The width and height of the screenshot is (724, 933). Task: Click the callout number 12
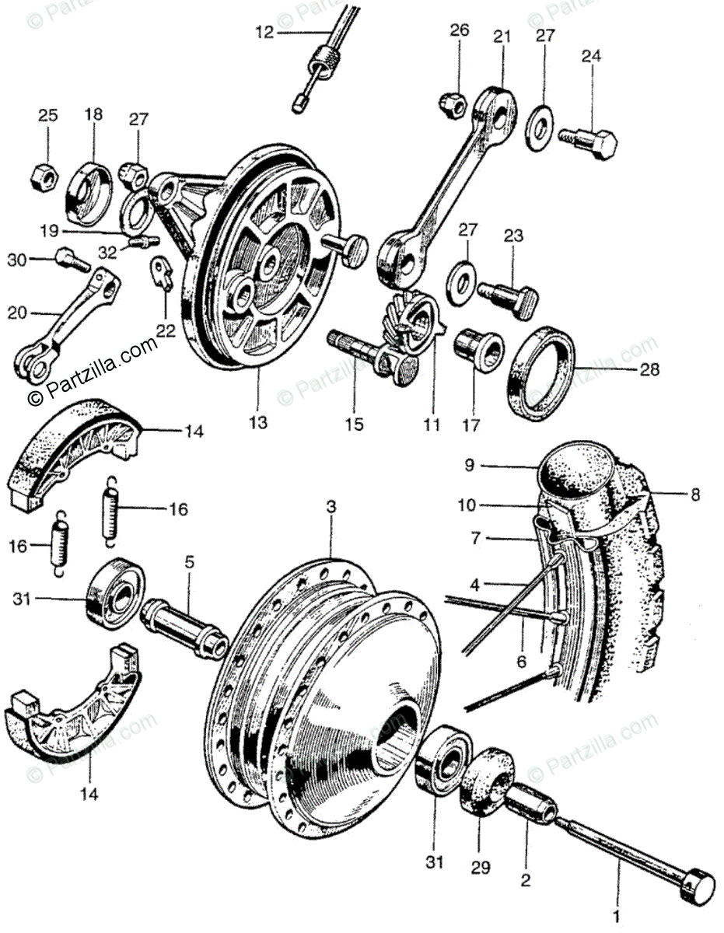264,32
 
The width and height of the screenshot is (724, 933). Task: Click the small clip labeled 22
162,272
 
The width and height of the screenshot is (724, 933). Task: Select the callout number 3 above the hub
331,506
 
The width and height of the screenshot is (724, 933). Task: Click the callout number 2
526,881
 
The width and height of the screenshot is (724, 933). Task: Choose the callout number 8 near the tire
695,493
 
